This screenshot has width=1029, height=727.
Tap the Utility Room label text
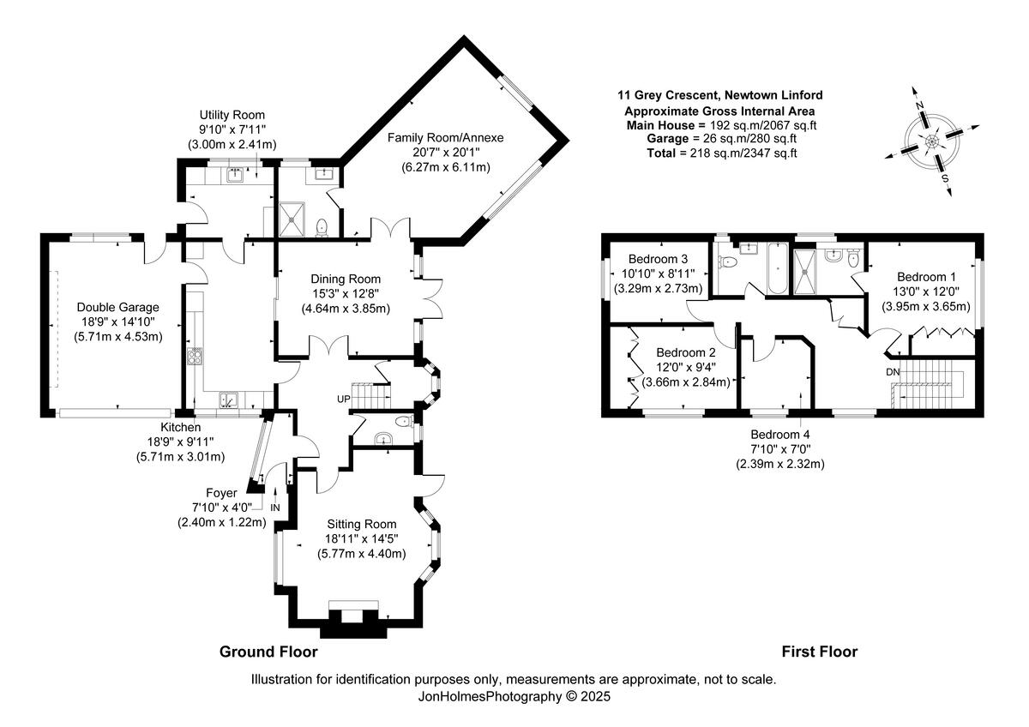(x=232, y=115)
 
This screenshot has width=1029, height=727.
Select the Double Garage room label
(x=118, y=307)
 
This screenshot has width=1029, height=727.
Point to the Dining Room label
(x=346, y=279)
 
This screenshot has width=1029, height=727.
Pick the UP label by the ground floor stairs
(x=344, y=400)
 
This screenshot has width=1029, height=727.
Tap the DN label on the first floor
(x=894, y=373)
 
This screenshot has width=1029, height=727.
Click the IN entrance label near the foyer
(x=275, y=508)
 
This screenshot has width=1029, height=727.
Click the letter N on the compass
(x=918, y=105)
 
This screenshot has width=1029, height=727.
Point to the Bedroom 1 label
(x=926, y=277)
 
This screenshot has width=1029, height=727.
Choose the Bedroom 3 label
(x=658, y=259)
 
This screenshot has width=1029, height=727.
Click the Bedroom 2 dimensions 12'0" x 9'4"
(x=685, y=367)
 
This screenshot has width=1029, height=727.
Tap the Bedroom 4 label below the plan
(x=779, y=435)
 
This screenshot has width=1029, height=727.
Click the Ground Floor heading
(x=268, y=652)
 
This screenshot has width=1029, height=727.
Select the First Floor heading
(x=819, y=652)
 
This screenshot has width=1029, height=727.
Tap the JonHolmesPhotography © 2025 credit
(x=514, y=697)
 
